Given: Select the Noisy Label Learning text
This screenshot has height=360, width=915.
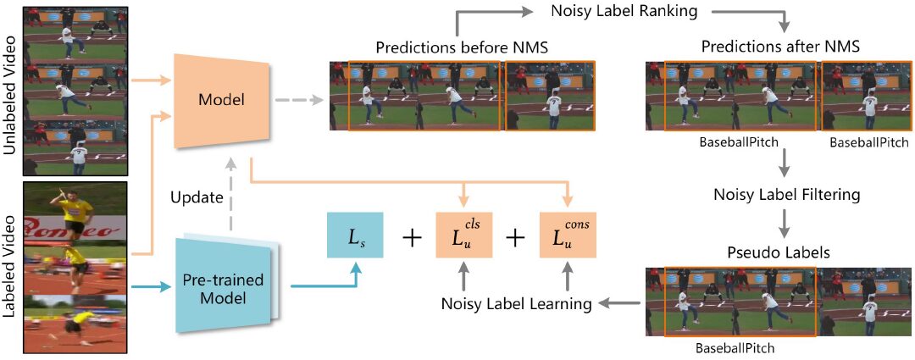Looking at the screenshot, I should point(515,303).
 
